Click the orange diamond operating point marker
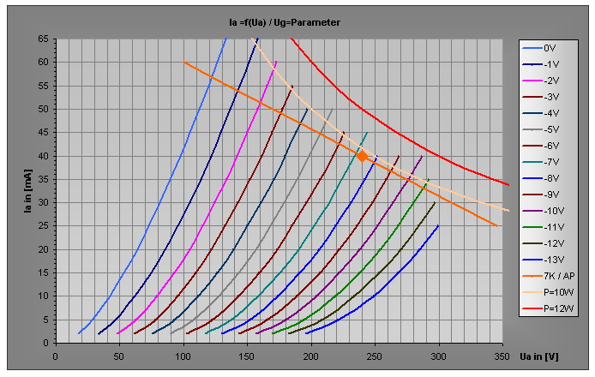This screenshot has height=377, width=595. pos(362,156)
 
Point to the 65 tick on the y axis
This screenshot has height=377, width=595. pos(43,39)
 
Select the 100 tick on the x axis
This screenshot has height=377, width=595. pos(183,355)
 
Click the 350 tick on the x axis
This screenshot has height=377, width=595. pos(501,355)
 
